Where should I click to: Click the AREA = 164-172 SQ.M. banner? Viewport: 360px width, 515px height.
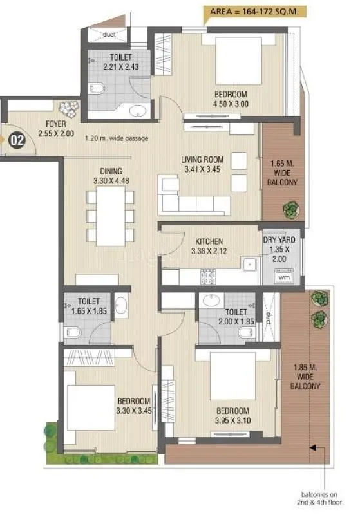256,11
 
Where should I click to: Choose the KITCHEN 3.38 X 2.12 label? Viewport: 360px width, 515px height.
209,246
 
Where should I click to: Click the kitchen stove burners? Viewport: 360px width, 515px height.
209,277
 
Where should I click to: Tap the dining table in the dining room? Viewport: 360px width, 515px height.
111,216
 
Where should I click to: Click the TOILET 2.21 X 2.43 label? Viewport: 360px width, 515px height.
120,62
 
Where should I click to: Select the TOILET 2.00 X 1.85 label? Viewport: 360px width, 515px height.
222,317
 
